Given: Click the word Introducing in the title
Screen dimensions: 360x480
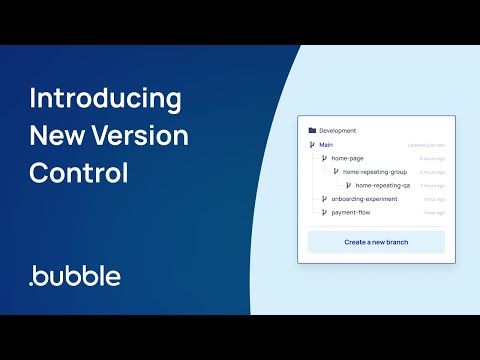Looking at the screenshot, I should (x=105, y=100).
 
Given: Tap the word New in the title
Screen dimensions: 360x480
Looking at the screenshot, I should (x=59, y=136).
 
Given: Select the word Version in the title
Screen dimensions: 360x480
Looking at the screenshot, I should (x=141, y=136).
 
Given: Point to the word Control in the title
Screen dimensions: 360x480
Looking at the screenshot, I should (x=79, y=172).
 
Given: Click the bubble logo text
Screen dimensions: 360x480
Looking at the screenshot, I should (x=79, y=275).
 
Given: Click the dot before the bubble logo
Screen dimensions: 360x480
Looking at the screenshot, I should (x=33, y=283).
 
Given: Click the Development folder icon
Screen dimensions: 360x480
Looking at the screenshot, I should (x=312, y=131).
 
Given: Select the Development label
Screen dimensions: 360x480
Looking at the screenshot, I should (x=337, y=131).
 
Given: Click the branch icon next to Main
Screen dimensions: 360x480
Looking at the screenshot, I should (x=312, y=145).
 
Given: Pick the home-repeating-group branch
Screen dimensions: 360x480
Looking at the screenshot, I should (x=375, y=172).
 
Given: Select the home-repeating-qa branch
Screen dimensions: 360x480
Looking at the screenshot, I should (x=383, y=185).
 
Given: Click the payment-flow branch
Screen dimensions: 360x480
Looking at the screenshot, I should (x=352, y=212).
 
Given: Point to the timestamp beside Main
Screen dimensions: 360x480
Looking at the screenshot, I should (x=425, y=145).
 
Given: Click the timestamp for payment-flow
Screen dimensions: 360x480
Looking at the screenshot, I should (x=433, y=212).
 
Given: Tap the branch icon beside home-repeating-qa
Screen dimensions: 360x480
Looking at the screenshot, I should (x=348, y=185).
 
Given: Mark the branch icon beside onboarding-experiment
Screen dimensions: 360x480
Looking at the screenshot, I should (x=324, y=199).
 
